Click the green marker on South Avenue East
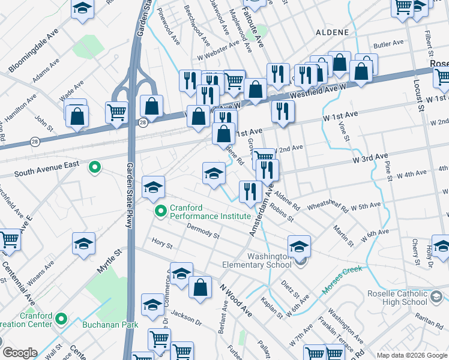coord(94,167)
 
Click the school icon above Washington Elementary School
coord(299,245)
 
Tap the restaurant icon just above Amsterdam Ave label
coord(250,191)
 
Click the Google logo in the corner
coord(20,353)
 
